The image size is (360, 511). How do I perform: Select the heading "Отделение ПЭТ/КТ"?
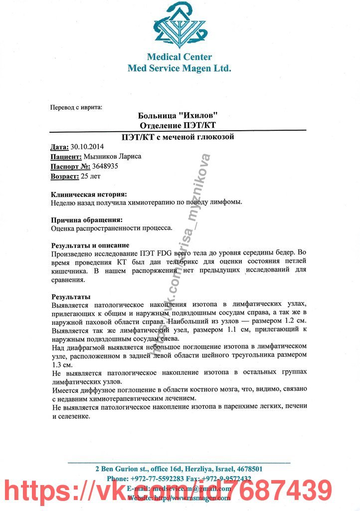click(x=179, y=125)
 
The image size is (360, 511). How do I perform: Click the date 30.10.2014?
click(x=87, y=147)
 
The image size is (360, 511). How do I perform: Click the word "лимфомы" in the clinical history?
click(x=227, y=202)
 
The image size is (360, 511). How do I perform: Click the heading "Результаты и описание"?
click(x=90, y=246)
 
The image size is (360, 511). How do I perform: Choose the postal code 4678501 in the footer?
click(x=249, y=469)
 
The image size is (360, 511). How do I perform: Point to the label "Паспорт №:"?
click(x=70, y=166)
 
